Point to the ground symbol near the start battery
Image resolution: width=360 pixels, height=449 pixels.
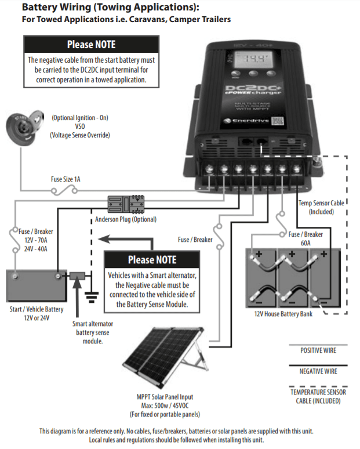coord(91,296)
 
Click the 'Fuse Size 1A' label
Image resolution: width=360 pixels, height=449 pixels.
coord(65,180)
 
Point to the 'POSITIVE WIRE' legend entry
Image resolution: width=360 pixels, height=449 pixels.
coord(318,350)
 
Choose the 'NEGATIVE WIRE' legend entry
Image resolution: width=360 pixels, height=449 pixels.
coord(318,371)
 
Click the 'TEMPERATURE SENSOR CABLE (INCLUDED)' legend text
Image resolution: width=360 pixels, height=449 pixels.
coord(318,396)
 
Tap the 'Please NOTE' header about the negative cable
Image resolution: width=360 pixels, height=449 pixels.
coord(91,45)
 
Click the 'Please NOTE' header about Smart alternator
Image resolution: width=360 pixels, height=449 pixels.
coord(151,260)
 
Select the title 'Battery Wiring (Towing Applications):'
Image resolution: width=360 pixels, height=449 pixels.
coord(110,8)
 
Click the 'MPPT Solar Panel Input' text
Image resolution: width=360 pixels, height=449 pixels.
coord(165,397)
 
